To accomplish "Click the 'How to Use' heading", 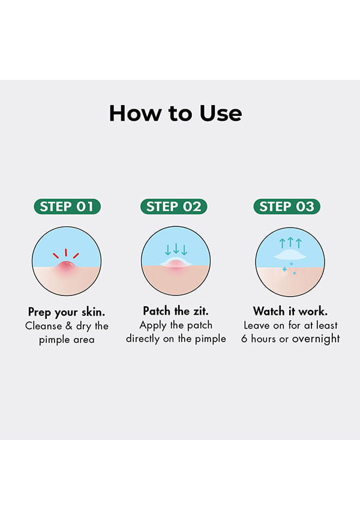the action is pyautogui.click(x=175, y=113).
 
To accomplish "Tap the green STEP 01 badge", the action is pyautogui.click(x=67, y=207).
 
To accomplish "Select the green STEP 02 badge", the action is pyautogui.click(x=174, y=207).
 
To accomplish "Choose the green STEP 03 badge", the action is pyautogui.click(x=287, y=207).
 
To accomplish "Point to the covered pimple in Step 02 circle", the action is pyautogui.click(x=176, y=263).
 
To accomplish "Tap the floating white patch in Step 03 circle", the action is pyautogui.click(x=290, y=255).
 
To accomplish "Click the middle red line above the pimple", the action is pyautogui.click(x=66, y=252).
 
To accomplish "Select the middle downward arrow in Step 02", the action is pyautogui.click(x=176, y=249).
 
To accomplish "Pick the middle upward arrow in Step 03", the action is pyautogui.click(x=290, y=242).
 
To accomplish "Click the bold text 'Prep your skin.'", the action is pyautogui.click(x=67, y=312).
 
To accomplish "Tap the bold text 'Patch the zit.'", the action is pyautogui.click(x=176, y=311).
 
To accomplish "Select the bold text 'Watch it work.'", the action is pyautogui.click(x=290, y=311).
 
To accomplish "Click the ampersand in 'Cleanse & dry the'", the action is pyautogui.click(x=69, y=325).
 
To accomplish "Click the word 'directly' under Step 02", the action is pyautogui.click(x=143, y=339).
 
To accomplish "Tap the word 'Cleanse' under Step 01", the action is pyautogui.click(x=43, y=325).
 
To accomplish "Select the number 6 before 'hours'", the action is pyautogui.click(x=244, y=339).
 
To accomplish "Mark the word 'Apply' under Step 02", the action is pyautogui.click(x=153, y=325).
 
